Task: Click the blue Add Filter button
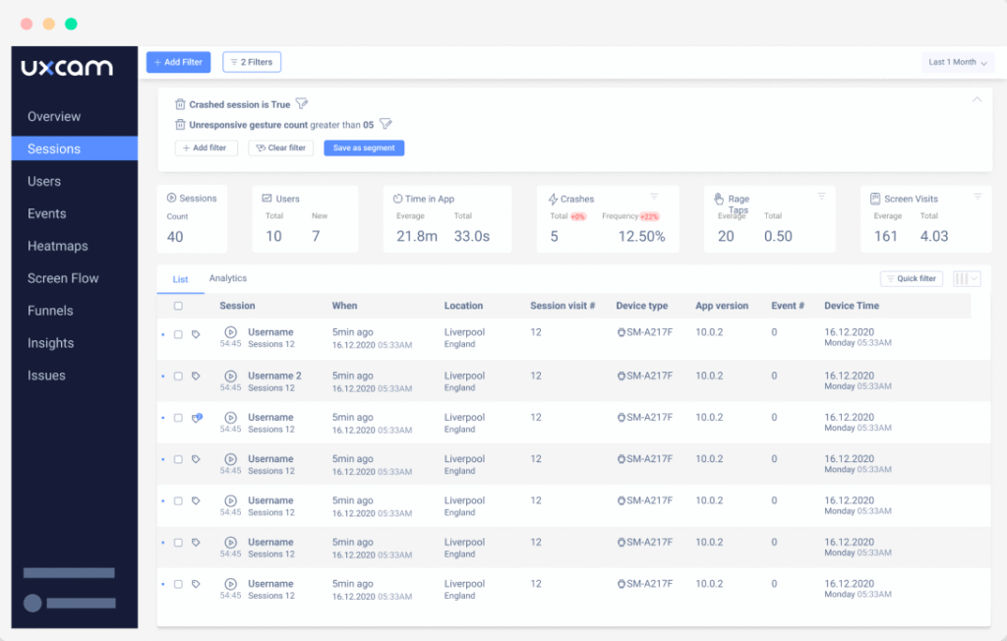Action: (178, 62)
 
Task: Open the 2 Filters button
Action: (252, 62)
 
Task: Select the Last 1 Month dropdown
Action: (958, 62)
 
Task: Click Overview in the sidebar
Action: (54, 116)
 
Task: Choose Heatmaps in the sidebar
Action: (57, 246)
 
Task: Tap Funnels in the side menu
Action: (50, 311)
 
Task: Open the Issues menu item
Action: (46, 376)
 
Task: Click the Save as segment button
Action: (364, 147)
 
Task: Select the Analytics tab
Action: (228, 279)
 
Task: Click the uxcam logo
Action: (67, 68)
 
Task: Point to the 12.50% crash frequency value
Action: (641, 236)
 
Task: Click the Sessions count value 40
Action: (175, 236)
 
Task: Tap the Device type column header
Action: (641, 306)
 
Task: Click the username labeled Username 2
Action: (274, 376)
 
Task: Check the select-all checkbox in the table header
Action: (178, 306)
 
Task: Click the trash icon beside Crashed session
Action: (180, 104)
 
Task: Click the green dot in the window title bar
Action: (71, 24)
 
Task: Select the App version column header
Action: (722, 306)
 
